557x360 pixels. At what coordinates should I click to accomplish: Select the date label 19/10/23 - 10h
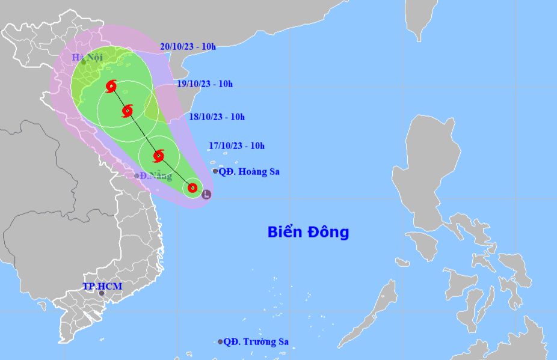(x=205, y=84)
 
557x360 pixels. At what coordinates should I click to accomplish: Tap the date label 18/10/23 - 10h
(x=217, y=117)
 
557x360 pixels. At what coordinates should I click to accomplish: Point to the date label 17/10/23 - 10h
(x=237, y=145)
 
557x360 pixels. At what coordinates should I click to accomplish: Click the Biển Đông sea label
(x=308, y=232)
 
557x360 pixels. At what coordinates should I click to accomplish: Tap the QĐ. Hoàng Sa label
(x=249, y=172)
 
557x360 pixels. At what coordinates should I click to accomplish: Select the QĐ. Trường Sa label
(x=256, y=342)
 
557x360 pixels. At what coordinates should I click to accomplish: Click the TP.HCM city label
(x=102, y=286)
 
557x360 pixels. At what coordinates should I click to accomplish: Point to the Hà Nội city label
(x=87, y=57)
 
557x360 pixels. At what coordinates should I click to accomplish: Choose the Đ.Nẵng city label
(x=156, y=176)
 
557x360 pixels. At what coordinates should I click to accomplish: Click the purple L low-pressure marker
(x=206, y=195)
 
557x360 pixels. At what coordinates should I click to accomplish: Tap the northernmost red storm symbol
(x=111, y=87)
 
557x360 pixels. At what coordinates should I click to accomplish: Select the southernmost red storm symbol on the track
(x=192, y=188)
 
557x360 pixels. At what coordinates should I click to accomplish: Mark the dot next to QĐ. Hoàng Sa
(x=215, y=171)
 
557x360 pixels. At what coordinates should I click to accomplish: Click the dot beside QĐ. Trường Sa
(x=220, y=342)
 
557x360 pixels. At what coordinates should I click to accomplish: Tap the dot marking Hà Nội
(x=84, y=62)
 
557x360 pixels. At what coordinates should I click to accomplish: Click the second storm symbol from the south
(x=158, y=156)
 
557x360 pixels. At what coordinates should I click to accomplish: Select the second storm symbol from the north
(x=127, y=111)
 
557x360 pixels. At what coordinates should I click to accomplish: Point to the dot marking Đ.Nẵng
(x=137, y=176)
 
